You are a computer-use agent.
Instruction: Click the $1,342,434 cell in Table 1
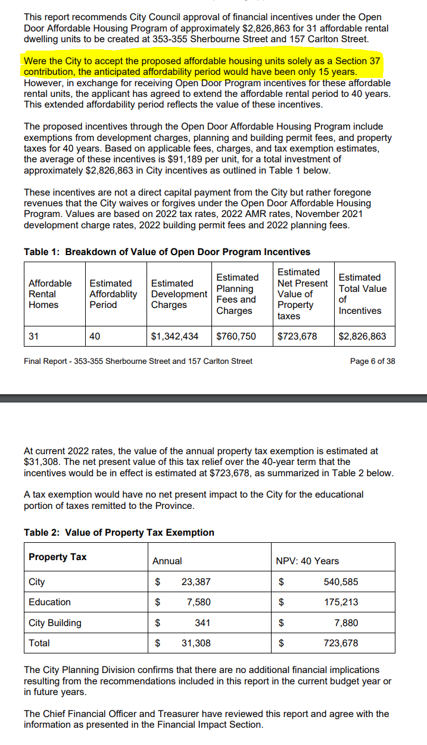[x=174, y=337]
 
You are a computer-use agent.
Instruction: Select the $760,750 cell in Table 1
[x=236, y=337]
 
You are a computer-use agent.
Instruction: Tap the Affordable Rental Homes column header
[x=50, y=294]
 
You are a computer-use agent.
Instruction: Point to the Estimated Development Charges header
[x=179, y=294]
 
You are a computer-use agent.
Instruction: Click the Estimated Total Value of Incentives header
[x=362, y=294]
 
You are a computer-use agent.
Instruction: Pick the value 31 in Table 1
[x=34, y=337]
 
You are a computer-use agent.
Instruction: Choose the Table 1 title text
[x=167, y=252]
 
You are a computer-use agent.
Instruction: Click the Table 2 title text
[x=119, y=533]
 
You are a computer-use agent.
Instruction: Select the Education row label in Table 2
[x=49, y=602]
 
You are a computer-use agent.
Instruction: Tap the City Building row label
[x=55, y=623]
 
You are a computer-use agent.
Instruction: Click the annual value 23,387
[x=196, y=582]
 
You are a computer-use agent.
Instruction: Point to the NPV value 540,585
[x=341, y=582]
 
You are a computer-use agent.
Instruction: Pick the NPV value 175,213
[x=341, y=602]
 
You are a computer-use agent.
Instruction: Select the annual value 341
[x=202, y=623]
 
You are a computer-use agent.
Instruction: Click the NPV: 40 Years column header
[x=307, y=561]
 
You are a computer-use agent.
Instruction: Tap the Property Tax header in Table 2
[x=57, y=557]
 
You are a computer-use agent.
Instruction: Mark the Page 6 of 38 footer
[x=372, y=361]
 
